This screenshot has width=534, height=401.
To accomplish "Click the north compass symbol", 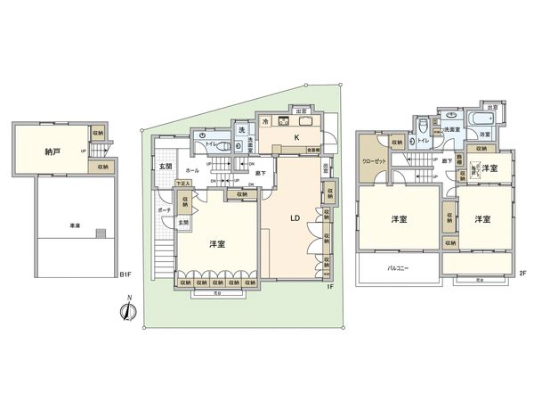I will pyautogui.click(x=127, y=311).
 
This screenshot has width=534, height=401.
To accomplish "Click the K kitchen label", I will pyautogui.click(x=297, y=138).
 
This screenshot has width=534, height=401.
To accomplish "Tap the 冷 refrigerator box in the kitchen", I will pyautogui.click(x=264, y=119).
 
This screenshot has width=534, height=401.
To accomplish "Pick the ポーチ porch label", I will pyautogui.click(x=165, y=210).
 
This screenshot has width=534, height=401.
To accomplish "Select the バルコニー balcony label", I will pyautogui.click(x=398, y=266).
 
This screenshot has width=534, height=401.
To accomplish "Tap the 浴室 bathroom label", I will pyautogui.click(x=485, y=134).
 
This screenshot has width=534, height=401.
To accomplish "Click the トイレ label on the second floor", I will pyautogui.click(x=424, y=141).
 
